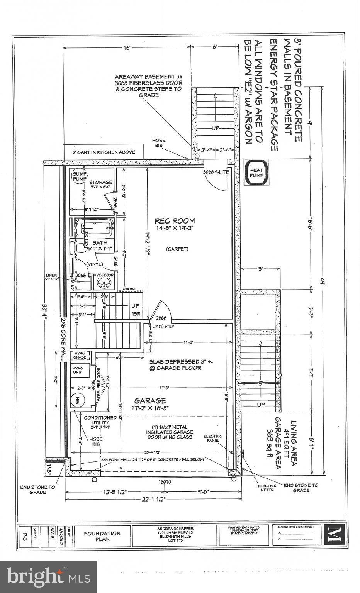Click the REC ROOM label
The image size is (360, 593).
pyautogui.click(x=175, y=221)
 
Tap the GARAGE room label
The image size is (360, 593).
pyautogui.click(x=150, y=401)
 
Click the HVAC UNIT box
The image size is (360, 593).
pyautogui.click(x=80, y=371)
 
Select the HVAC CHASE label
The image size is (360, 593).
pyautogui.click(x=80, y=355)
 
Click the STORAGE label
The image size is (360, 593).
pyautogui.click(x=100, y=182)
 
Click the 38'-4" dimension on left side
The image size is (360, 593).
pyautogui.click(x=45, y=308)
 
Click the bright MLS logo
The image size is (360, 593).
pyautogui.click(x=48, y=577)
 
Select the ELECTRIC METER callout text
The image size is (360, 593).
pyautogui.click(x=267, y=488)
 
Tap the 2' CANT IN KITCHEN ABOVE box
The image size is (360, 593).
pyautogui.click(x=104, y=152)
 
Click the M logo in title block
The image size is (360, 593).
pyautogui.click(x=333, y=535)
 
